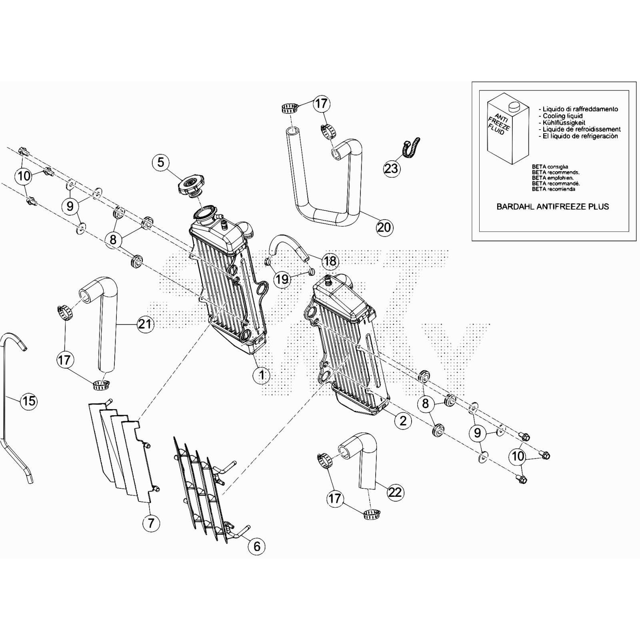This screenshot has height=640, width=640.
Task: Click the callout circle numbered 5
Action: coord(160,162)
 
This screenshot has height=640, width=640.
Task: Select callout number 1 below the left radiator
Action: coord(262,375)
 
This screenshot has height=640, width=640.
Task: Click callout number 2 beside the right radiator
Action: coord(403,420)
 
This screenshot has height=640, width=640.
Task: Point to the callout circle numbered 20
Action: coord(384,227)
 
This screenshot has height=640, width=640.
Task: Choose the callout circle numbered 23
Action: coord(391,168)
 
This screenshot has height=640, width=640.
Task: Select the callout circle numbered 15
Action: coord(29,400)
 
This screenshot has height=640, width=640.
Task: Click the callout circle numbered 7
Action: coord(151,523)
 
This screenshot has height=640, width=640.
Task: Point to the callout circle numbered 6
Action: coord(257,546)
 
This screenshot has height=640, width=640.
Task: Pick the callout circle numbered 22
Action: coord(395,492)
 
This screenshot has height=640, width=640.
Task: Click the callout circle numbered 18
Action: coord(330,261)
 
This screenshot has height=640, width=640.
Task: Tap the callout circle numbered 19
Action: coord(282,279)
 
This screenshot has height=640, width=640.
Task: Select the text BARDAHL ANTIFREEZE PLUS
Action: coord(552,207)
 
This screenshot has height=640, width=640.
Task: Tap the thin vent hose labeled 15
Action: coord(8,400)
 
